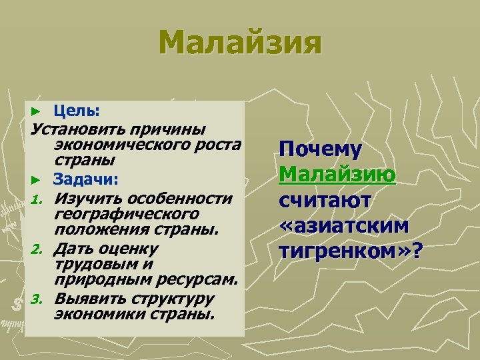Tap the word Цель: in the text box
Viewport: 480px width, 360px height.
pos(77,109)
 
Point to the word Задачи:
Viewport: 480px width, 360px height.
pos(86,179)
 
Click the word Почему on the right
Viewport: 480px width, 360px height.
pos(321,150)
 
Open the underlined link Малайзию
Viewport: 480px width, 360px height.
pos(338,175)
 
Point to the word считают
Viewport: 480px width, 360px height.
pos(326,201)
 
